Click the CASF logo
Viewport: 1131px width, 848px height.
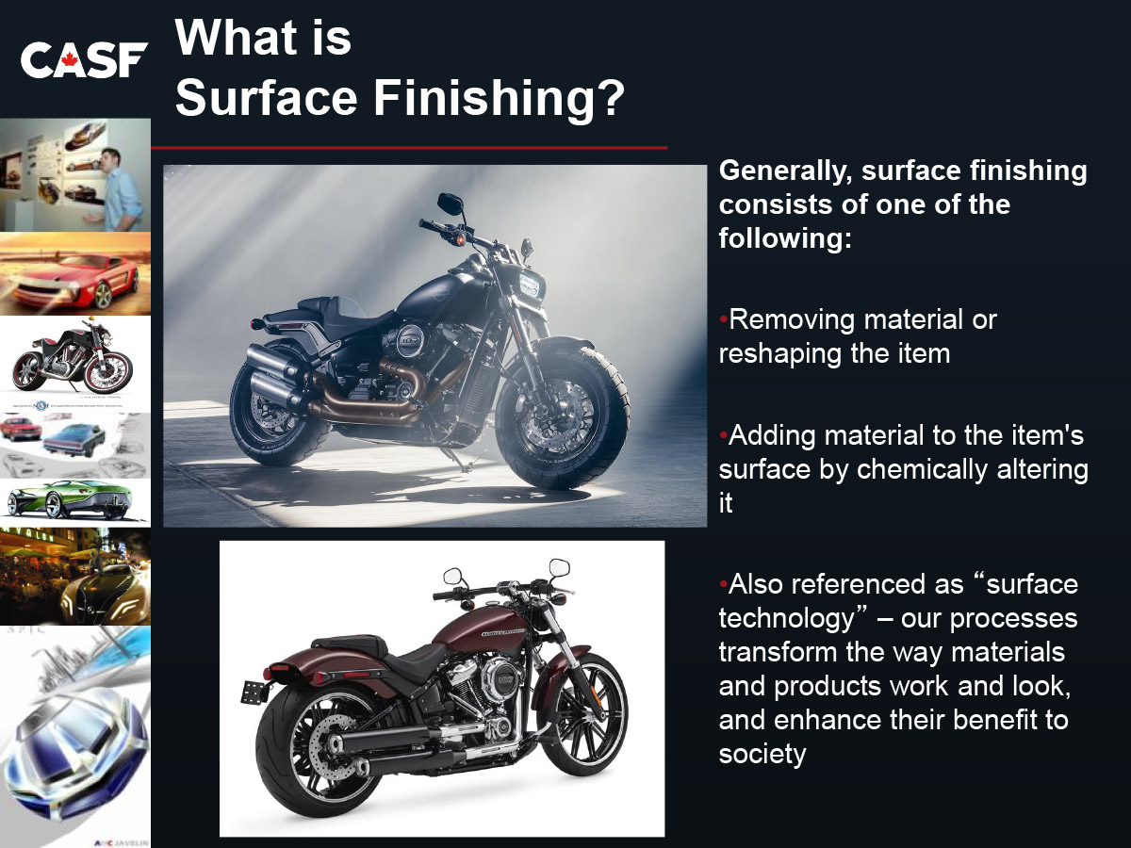pos(84,59)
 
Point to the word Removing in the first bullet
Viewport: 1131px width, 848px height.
pos(793,320)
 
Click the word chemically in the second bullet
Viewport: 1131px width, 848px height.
pos(923,470)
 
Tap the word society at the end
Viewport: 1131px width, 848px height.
pos(762,755)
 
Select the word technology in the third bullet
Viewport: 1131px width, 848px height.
pos(786,619)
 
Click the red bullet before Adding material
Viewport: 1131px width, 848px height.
pos(724,435)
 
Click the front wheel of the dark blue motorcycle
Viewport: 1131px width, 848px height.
pos(563,414)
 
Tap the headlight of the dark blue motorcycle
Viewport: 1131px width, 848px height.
pos(530,285)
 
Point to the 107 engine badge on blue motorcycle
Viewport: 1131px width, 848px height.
pos(411,340)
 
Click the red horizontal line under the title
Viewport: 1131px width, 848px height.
pos(410,148)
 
